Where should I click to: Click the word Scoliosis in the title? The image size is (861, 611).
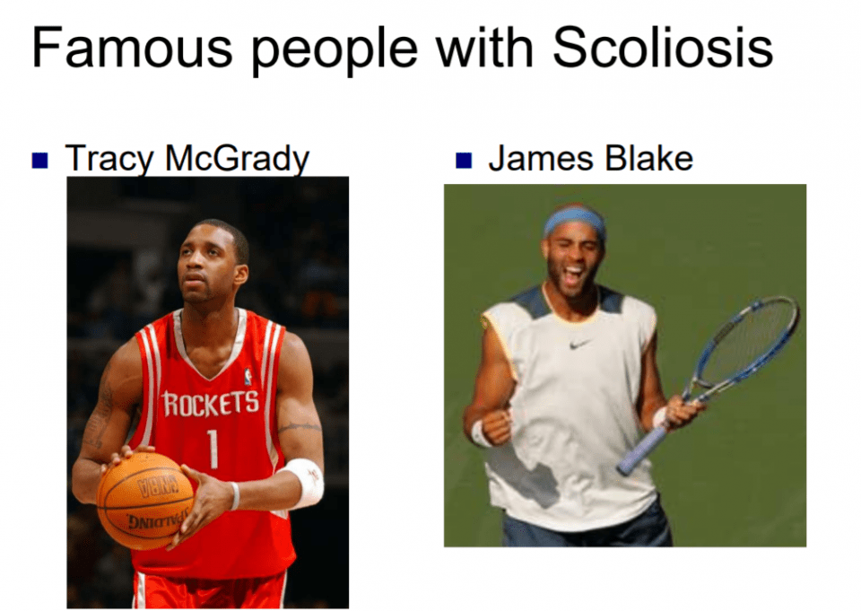[663, 48]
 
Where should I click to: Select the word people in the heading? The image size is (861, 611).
[335, 53]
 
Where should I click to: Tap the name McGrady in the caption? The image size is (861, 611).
[237, 160]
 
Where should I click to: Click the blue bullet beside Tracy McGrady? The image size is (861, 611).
[40, 160]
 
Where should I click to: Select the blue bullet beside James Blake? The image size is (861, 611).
[464, 160]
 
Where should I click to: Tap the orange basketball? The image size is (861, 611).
[145, 501]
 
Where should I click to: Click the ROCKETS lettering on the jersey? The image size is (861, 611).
[210, 404]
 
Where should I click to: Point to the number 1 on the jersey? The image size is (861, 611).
[213, 449]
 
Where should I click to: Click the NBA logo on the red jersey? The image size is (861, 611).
[248, 377]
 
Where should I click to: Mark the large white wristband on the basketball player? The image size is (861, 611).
[304, 482]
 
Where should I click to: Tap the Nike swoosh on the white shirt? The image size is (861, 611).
[579, 345]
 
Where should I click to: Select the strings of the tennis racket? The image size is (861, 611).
[750, 339]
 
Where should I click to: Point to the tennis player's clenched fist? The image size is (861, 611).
[495, 425]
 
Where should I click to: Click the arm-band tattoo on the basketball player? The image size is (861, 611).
[300, 426]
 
